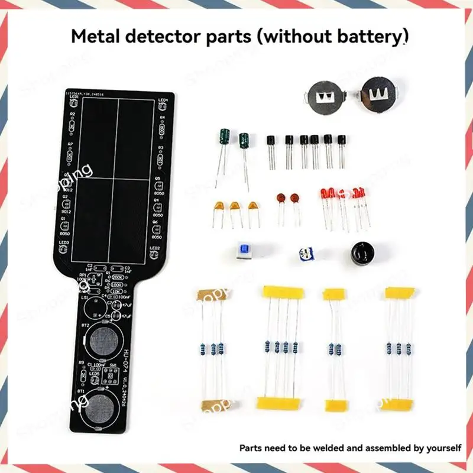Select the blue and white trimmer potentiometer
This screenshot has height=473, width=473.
coord(306,255)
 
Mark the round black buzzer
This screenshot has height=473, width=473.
coord(360,254)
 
